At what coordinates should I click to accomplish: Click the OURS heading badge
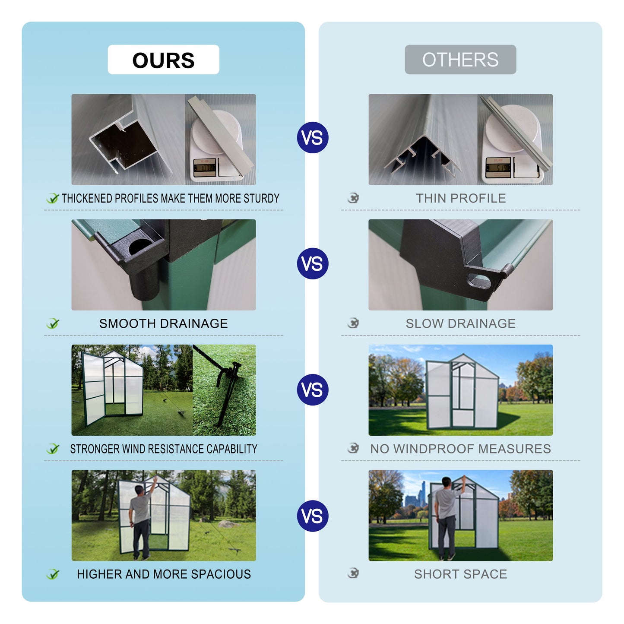163,60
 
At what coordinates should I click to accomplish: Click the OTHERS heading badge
460,60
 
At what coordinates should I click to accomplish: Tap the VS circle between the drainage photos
313,263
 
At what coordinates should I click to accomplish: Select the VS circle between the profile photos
313,138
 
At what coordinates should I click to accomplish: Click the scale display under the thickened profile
204,167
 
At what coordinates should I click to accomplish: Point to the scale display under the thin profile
498,167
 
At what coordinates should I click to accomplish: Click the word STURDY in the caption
261,198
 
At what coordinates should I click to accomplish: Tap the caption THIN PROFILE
461,198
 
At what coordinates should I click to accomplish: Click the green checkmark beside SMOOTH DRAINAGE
53,323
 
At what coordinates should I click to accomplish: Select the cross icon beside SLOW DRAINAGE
353,323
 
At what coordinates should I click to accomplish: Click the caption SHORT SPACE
460,574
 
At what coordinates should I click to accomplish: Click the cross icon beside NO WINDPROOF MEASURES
353,448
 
